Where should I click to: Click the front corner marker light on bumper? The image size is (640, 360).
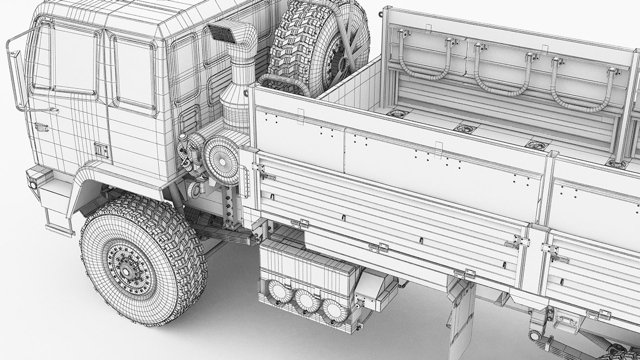tap(34, 184)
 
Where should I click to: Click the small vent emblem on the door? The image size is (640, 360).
tap(42, 127)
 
